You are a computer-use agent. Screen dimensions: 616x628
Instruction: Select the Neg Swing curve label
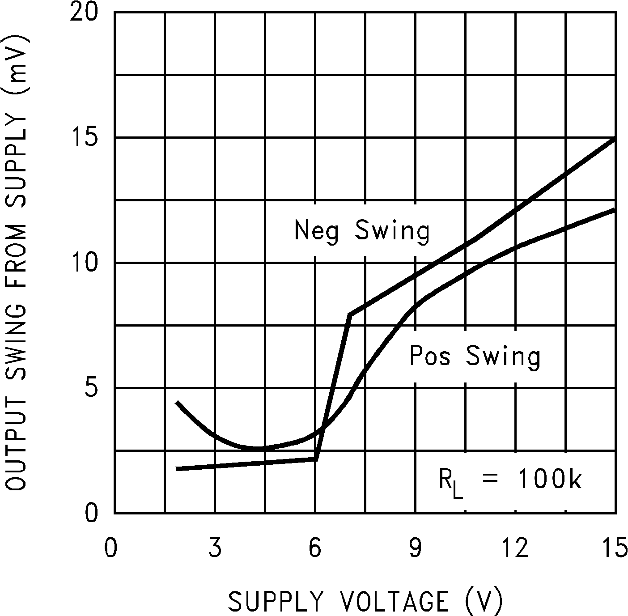361,231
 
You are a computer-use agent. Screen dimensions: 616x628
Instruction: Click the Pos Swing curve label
475,357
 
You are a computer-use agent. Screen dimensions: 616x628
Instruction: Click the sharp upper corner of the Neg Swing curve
350,315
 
